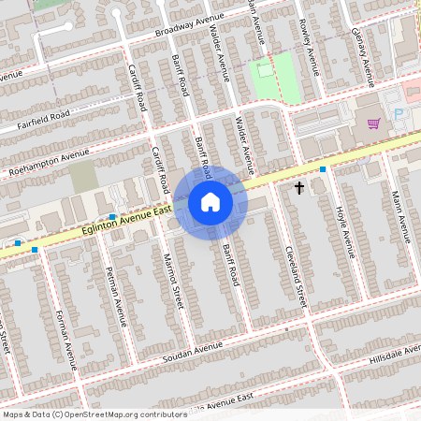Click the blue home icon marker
210,202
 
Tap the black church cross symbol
299,188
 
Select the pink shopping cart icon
373,123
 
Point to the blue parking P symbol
399,113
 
